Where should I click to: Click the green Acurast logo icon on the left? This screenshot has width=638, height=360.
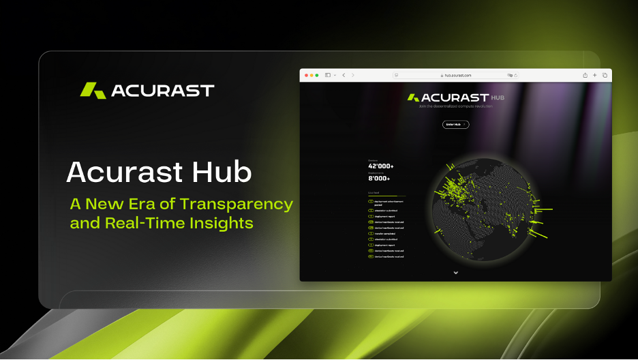coord(93,90)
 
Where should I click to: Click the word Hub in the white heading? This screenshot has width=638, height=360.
coord(219,173)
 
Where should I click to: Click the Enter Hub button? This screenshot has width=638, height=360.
coord(455,124)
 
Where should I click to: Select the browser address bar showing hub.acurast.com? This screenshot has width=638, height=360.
coord(455,75)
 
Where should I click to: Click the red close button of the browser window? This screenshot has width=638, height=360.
coord(306,75)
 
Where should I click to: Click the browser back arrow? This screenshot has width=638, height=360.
coord(344,75)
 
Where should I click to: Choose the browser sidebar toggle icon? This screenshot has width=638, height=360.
coord(328,75)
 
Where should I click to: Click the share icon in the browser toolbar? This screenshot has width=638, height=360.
coord(585,75)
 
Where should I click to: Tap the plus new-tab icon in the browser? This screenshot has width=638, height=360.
coord(594,75)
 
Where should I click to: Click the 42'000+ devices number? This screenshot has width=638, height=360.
coord(381,166)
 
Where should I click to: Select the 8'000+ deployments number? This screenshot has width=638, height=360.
coord(379,179)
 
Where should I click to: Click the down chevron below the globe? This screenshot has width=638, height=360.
coord(455,273)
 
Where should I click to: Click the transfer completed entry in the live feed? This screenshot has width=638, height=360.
coord(386,233)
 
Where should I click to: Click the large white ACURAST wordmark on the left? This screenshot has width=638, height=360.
coord(162,91)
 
